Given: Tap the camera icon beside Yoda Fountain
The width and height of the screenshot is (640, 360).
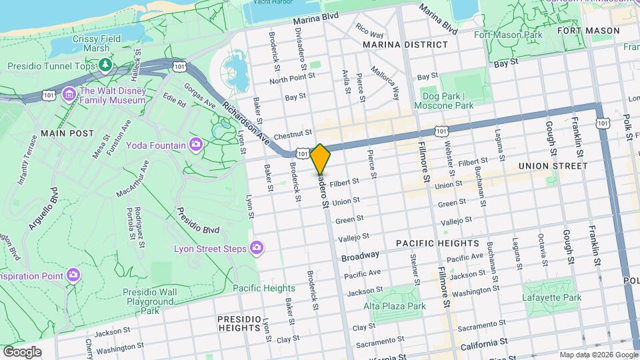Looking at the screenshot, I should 195,144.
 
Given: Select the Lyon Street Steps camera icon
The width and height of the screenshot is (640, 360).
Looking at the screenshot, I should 257,249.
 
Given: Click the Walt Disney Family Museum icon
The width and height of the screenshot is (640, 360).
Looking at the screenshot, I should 69,95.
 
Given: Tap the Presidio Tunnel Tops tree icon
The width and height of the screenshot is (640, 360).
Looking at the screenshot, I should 105,65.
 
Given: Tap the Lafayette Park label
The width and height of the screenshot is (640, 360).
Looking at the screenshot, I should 551,297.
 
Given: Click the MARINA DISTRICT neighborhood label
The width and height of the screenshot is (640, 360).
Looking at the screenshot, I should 405,45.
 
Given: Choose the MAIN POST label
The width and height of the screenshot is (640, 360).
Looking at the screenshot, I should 67,133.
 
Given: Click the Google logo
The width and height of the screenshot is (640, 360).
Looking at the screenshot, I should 22,351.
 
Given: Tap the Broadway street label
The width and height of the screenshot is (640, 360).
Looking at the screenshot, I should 360,255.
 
